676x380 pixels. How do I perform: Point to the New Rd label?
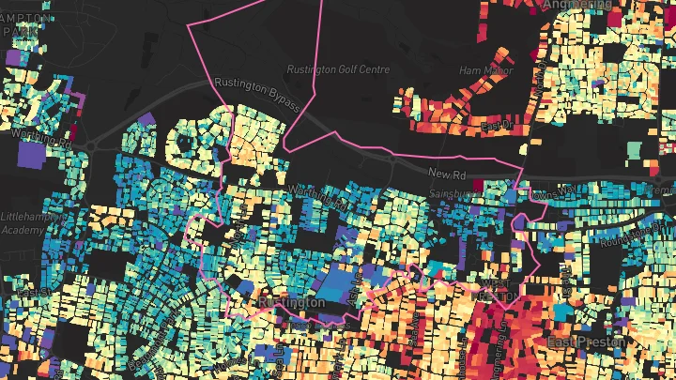tap(447, 174)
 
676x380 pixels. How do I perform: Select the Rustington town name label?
tap(291, 303)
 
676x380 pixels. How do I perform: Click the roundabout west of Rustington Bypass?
tap(93, 144)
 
